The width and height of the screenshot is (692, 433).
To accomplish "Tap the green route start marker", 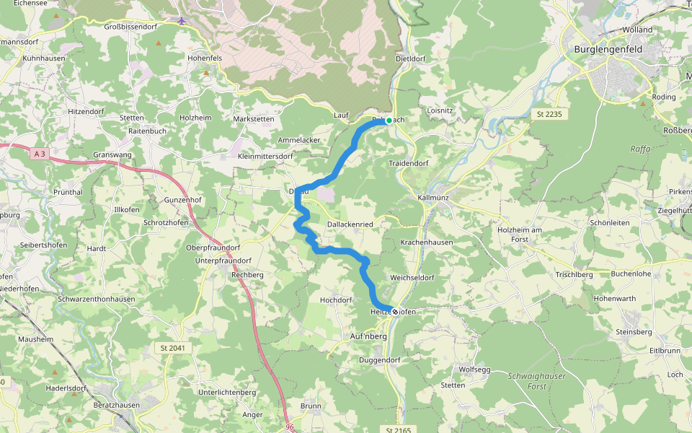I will coord(389,121).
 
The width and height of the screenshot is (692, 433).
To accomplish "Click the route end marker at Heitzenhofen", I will coord(394,311).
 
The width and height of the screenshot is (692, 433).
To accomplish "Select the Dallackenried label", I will coord(350,225).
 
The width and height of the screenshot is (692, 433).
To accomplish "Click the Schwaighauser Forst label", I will coord(537,380).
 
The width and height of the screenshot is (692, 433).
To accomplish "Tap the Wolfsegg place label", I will coord(474,369).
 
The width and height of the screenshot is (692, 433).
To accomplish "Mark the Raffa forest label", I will coord(640,149).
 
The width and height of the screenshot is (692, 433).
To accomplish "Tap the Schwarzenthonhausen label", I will coord(97,299).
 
